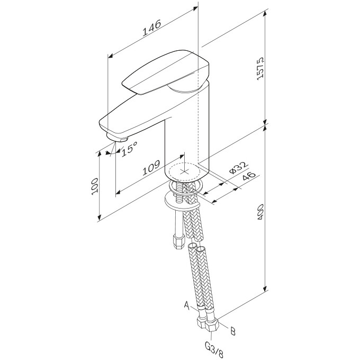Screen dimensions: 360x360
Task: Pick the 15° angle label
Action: tap(129, 150)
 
